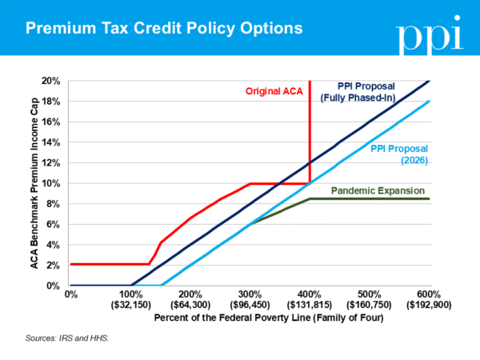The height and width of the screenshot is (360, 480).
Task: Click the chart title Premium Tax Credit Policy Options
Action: tap(164, 30)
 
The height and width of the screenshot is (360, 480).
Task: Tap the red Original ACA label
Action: tap(274, 91)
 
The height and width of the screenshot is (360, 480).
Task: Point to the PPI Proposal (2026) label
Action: tap(400, 154)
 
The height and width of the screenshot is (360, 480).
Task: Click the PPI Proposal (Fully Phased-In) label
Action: tap(354, 91)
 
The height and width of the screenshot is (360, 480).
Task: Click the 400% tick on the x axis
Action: tap(310, 294)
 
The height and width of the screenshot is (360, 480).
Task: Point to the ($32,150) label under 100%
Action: tap(130, 305)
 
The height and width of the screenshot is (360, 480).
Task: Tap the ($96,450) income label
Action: tap(250, 305)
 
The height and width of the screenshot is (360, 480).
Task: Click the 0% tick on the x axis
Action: tap(70, 294)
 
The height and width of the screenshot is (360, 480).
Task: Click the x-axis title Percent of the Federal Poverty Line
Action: tap(250, 318)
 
